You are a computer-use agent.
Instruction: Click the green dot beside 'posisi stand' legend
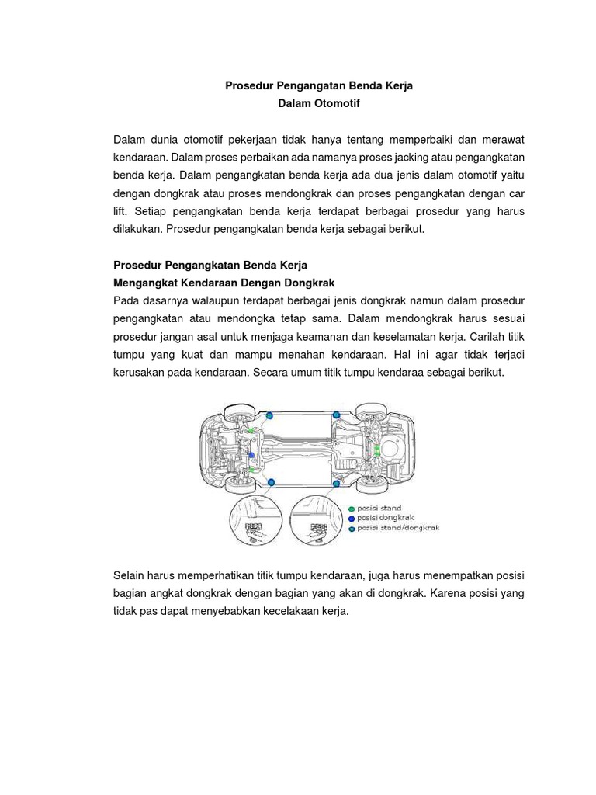pos(352,509)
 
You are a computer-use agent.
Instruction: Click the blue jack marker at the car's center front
pos(251,455)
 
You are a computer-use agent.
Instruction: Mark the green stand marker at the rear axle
pos(377,450)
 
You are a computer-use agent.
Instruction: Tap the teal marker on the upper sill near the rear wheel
pos(336,415)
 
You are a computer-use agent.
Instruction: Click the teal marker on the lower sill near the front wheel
pos(271,483)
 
